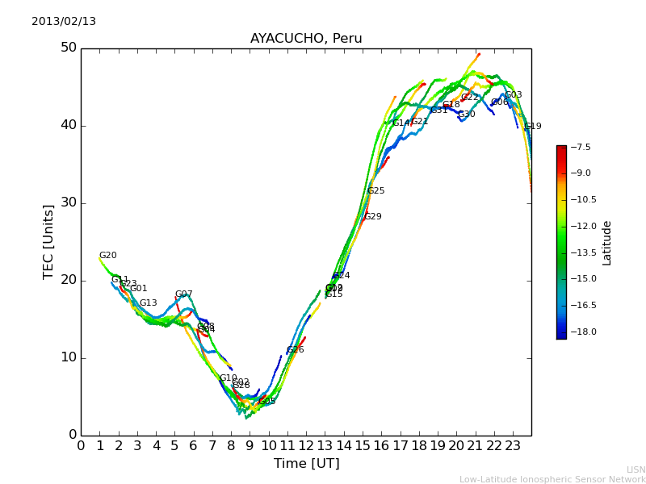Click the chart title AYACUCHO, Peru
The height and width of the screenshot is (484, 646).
[x=306, y=39]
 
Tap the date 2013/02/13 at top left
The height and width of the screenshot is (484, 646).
[x=64, y=22]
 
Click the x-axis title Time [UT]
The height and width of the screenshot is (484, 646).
[x=306, y=464]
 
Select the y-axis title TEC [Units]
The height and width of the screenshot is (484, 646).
[x=48, y=242]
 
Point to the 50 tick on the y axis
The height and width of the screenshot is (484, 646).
[x=69, y=48]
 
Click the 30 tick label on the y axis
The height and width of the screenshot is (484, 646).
[x=69, y=202]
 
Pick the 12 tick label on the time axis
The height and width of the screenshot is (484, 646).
[x=306, y=444]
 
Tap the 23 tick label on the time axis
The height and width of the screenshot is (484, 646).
[x=513, y=444]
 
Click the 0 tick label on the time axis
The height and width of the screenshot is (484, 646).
[x=81, y=444]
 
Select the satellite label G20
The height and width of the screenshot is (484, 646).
[x=108, y=256]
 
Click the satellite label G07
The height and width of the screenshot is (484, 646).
[x=184, y=294]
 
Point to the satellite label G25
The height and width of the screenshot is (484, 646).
[x=376, y=191]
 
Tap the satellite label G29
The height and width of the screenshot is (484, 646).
[x=373, y=217]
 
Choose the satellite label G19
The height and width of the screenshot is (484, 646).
[x=533, y=127]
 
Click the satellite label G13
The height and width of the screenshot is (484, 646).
[x=149, y=303]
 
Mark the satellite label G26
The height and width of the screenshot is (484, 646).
[x=296, y=350]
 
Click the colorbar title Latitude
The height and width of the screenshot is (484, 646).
[x=607, y=243]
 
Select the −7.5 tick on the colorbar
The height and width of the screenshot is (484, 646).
[x=581, y=148]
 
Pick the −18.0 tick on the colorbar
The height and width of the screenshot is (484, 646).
[x=581, y=332]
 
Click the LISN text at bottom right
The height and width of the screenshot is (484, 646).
[x=636, y=469]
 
